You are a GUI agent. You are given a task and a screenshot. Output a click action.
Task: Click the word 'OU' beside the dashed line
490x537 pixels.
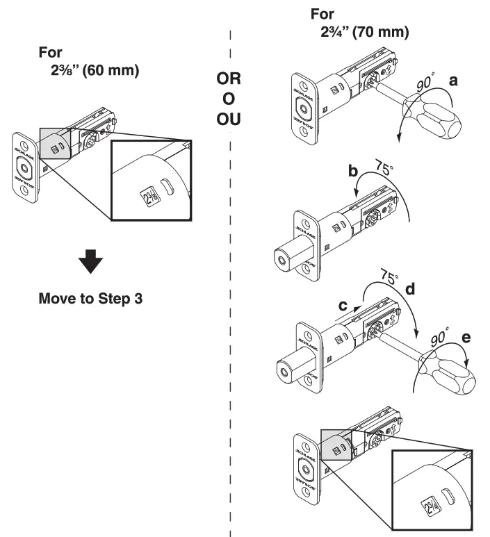click(x=229, y=119)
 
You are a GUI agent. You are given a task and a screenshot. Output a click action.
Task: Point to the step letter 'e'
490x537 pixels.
click(x=465, y=338)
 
